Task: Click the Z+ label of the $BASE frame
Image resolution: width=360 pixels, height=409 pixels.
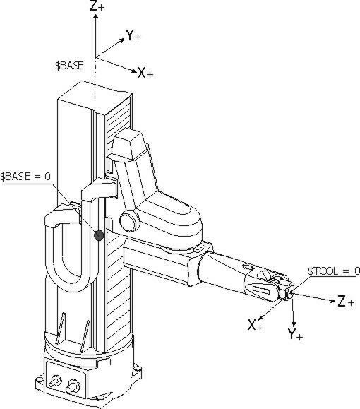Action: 100,8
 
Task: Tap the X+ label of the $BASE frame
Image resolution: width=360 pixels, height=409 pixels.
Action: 145,73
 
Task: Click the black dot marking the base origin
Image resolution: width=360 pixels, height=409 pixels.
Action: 99,235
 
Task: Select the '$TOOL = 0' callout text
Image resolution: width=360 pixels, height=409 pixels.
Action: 335,271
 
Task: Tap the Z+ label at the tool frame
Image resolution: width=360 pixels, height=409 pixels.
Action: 345,302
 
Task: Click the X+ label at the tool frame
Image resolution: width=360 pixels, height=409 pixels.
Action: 255,326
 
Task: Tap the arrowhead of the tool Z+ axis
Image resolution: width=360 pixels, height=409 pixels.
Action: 330,300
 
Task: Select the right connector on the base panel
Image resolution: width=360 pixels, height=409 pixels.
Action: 72,387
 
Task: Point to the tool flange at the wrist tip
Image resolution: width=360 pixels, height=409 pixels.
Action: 288,290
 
